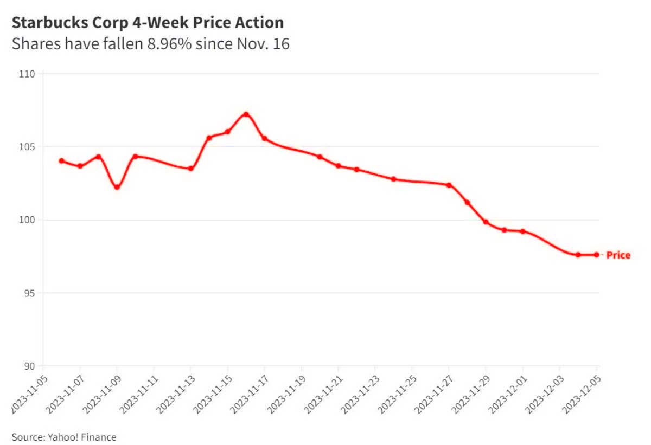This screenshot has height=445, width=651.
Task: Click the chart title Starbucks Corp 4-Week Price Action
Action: [148, 23]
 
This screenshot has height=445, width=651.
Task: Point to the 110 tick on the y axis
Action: [28, 74]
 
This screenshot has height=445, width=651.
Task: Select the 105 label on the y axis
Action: [28, 147]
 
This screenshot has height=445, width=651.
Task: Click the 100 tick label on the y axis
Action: [28, 220]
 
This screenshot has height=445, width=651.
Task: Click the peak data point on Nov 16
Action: [246, 114]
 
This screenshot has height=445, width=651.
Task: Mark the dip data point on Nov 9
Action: [117, 187]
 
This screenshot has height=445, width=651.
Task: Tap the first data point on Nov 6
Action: [61, 161]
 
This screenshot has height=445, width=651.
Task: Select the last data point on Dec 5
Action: [596, 255]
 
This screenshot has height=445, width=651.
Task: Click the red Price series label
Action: [618, 255]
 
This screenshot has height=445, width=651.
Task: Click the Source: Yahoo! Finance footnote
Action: [64, 437]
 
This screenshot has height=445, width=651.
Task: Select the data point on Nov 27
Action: [449, 185]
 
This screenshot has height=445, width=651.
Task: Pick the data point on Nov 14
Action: [209, 138]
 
